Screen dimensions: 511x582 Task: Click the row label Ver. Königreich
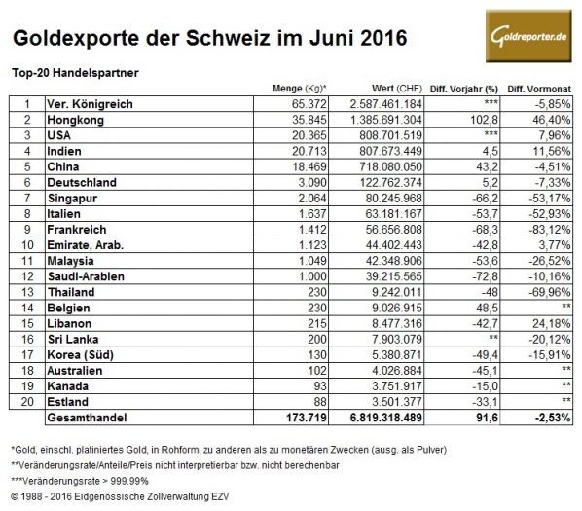coord(89,103)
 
